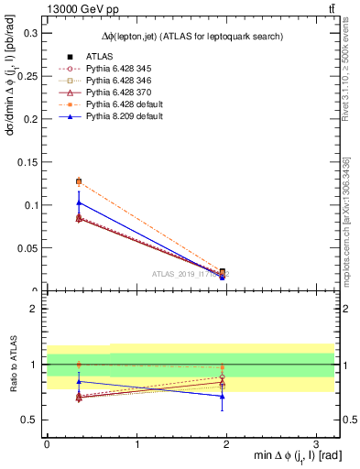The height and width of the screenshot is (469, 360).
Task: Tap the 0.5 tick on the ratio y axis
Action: click(28, 420)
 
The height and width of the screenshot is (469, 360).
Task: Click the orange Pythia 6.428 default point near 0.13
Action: click(79, 181)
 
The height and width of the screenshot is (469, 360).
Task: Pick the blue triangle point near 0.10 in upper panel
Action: click(79, 202)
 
